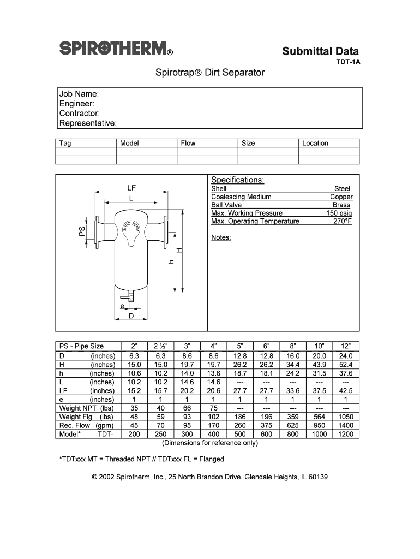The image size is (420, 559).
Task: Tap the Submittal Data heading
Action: coord(320,51)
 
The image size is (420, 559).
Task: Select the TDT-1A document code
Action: coord(347,62)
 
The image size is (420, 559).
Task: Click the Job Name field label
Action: coord(79,94)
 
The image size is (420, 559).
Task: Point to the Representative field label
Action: coord(88,123)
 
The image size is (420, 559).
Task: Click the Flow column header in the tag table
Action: coord(188,143)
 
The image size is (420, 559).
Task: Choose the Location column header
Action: coord(315,143)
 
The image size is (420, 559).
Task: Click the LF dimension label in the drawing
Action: coord(131,188)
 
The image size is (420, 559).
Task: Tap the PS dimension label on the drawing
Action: coord(82,231)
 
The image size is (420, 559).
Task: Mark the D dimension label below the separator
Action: coord(131,316)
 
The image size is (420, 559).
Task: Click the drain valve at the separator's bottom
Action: coord(131,298)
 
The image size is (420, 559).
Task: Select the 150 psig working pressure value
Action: coord(339,213)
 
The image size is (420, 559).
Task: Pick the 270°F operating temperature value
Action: coord(343,221)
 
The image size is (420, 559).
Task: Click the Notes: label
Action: coord(221,237)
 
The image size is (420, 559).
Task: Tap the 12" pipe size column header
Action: coord(345,346)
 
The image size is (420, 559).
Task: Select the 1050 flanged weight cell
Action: coord(345,417)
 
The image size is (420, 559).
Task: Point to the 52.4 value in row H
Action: coord(345,365)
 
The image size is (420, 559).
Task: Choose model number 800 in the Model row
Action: coord(293,434)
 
